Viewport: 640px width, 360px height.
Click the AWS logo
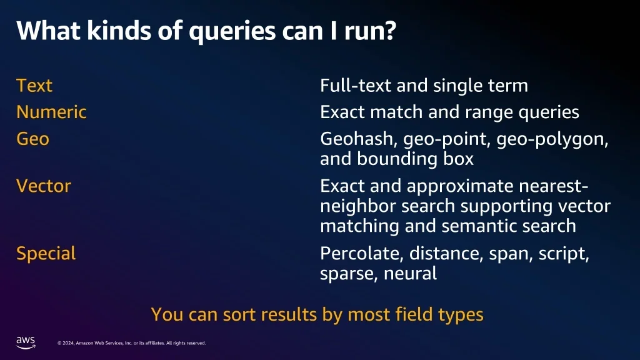26,342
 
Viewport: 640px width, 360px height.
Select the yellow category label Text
34,86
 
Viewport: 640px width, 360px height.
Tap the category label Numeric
51,112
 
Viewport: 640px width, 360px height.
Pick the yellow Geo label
32,139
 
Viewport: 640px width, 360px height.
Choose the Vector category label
44,186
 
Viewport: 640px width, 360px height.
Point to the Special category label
46,254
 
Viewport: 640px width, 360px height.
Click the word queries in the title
232,31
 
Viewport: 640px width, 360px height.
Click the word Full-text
356,86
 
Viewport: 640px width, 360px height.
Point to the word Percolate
362,254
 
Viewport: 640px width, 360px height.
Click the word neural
410,274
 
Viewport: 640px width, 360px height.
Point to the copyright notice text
131,343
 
